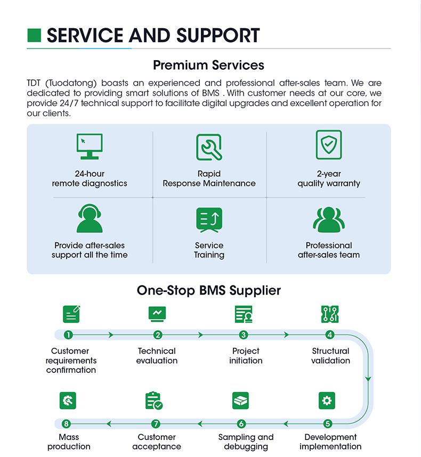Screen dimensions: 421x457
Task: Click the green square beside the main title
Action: click(34, 35)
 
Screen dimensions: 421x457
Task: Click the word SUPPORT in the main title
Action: click(218, 36)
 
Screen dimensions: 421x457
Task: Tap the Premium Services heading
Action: click(208, 65)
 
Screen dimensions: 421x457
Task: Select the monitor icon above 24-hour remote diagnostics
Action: click(90, 146)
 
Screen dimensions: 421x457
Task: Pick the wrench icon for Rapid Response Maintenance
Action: click(209, 147)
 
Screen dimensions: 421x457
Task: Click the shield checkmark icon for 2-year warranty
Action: click(329, 144)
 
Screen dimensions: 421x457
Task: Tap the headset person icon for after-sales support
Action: click(90, 218)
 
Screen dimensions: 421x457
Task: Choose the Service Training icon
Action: click(209, 220)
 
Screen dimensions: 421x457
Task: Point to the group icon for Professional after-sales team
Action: click(329, 219)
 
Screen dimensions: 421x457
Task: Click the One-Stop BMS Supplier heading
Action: click(209, 290)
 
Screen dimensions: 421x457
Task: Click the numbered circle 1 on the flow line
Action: click(68, 335)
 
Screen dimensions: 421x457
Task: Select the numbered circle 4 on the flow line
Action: click(330, 335)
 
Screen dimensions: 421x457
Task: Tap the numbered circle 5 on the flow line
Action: click(328, 423)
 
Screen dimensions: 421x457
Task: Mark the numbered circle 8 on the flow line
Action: click(66, 423)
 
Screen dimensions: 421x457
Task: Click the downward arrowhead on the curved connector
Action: click(368, 379)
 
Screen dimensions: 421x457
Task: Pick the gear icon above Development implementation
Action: click(327, 401)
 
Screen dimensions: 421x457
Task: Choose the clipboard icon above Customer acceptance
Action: click(153, 401)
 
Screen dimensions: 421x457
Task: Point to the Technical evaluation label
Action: click(157, 356)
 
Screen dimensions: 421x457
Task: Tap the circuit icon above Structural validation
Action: click(330, 314)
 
